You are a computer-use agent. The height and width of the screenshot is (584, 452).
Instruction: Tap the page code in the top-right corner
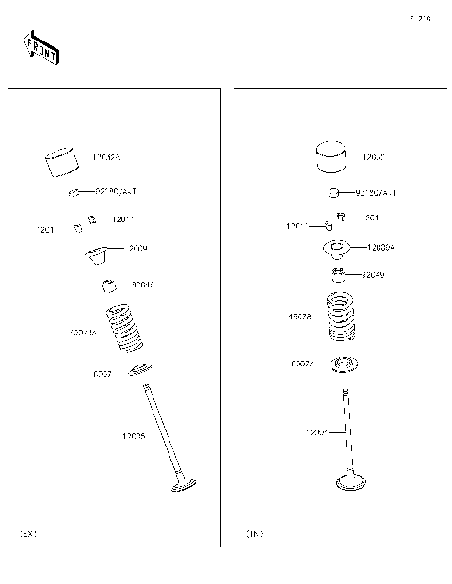pos(420,19)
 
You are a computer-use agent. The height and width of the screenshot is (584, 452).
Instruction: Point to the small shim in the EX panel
pos(73,192)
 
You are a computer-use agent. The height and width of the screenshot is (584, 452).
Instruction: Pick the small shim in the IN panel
pos(333,193)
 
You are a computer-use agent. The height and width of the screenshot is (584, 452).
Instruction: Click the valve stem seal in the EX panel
pos(110,284)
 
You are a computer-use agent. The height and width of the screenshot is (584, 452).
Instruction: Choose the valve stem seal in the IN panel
pos(336,275)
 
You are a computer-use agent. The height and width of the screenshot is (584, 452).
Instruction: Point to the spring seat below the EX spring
pos(140,369)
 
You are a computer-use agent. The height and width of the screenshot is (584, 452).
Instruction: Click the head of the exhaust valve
pos(182,488)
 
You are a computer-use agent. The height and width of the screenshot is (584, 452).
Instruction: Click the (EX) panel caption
pos(28,534)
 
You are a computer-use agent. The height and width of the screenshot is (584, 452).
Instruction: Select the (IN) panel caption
pos(254,534)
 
